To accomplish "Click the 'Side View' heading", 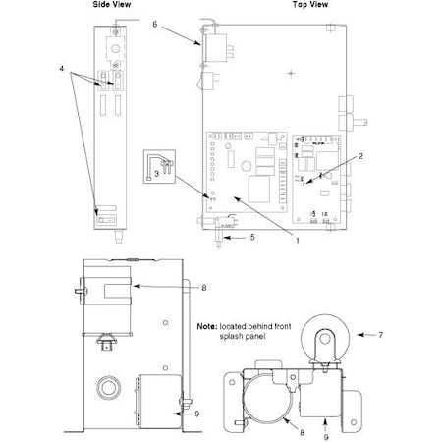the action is (x=112, y=5).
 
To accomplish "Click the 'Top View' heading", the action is (x=310, y=5).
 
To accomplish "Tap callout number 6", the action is (x=155, y=24).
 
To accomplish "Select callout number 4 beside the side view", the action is (x=62, y=69).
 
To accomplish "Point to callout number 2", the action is (x=360, y=156).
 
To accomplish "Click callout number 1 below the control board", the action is (x=298, y=241).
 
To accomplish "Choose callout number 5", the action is (x=252, y=237).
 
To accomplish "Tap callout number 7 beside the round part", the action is (x=380, y=335).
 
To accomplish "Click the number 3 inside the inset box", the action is (x=157, y=173).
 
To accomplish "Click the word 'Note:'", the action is (x=207, y=326).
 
